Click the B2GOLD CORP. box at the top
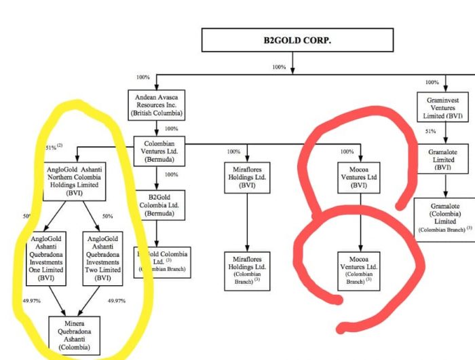click(292, 41)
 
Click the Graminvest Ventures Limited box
click(445, 106)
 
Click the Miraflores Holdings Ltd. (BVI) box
click(247, 179)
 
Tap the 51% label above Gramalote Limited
click(430, 132)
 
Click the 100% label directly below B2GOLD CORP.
click(279, 67)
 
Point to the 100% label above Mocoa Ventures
click(347, 151)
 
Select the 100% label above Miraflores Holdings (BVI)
click(234, 151)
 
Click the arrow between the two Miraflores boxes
click(247, 224)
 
